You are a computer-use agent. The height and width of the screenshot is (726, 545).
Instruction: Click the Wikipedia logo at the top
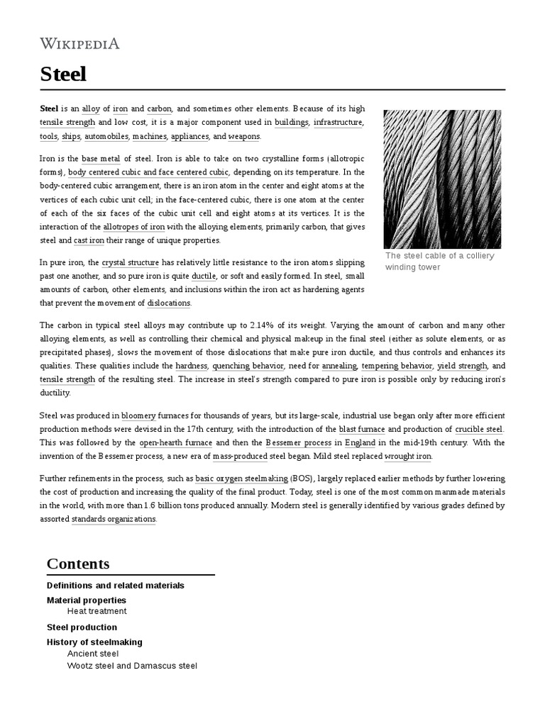[79, 43]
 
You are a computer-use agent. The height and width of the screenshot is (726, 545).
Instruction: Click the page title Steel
[63, 74]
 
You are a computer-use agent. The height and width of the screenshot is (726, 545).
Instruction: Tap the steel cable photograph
[441, 179]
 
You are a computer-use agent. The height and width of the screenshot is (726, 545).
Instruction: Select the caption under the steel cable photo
[439, 262]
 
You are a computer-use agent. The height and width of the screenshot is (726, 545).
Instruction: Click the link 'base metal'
[101, 158]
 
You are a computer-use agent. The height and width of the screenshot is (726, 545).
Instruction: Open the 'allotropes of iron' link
[134, 227]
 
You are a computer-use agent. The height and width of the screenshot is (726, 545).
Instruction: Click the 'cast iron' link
[89, 241]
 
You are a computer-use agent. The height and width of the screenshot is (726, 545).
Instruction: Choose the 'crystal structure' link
[130, 262]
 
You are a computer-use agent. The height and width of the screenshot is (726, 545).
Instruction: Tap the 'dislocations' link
[169, 303]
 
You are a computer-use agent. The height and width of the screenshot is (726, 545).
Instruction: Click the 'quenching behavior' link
[248, 366]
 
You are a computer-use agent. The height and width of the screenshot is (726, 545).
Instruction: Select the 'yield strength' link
[462, 366]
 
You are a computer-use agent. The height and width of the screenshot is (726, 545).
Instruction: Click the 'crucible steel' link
[479, 430]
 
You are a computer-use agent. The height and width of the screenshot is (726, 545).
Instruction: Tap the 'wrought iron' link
[408, 457]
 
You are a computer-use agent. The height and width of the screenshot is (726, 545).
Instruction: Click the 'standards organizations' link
[114, 519]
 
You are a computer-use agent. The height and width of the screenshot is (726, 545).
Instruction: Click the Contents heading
[78, 564]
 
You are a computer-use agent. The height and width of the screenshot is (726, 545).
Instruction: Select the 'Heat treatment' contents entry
[97, 611]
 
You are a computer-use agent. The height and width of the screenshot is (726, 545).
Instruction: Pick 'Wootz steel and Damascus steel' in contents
[132, 666]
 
